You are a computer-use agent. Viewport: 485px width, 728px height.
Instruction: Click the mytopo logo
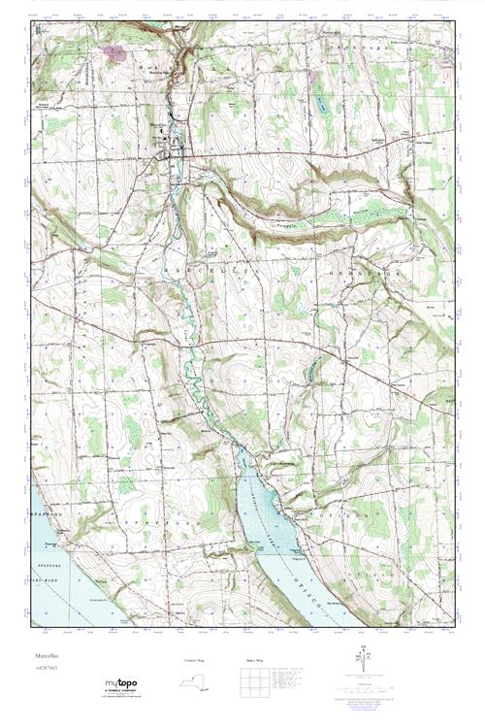[x=119, y=683]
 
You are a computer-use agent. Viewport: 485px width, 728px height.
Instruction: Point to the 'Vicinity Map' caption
[x=195, y=660]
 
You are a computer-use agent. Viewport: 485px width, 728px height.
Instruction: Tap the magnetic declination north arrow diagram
[x=363, y=664]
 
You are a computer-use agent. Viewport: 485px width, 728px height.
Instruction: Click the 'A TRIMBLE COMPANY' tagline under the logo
[x=119, y=691]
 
